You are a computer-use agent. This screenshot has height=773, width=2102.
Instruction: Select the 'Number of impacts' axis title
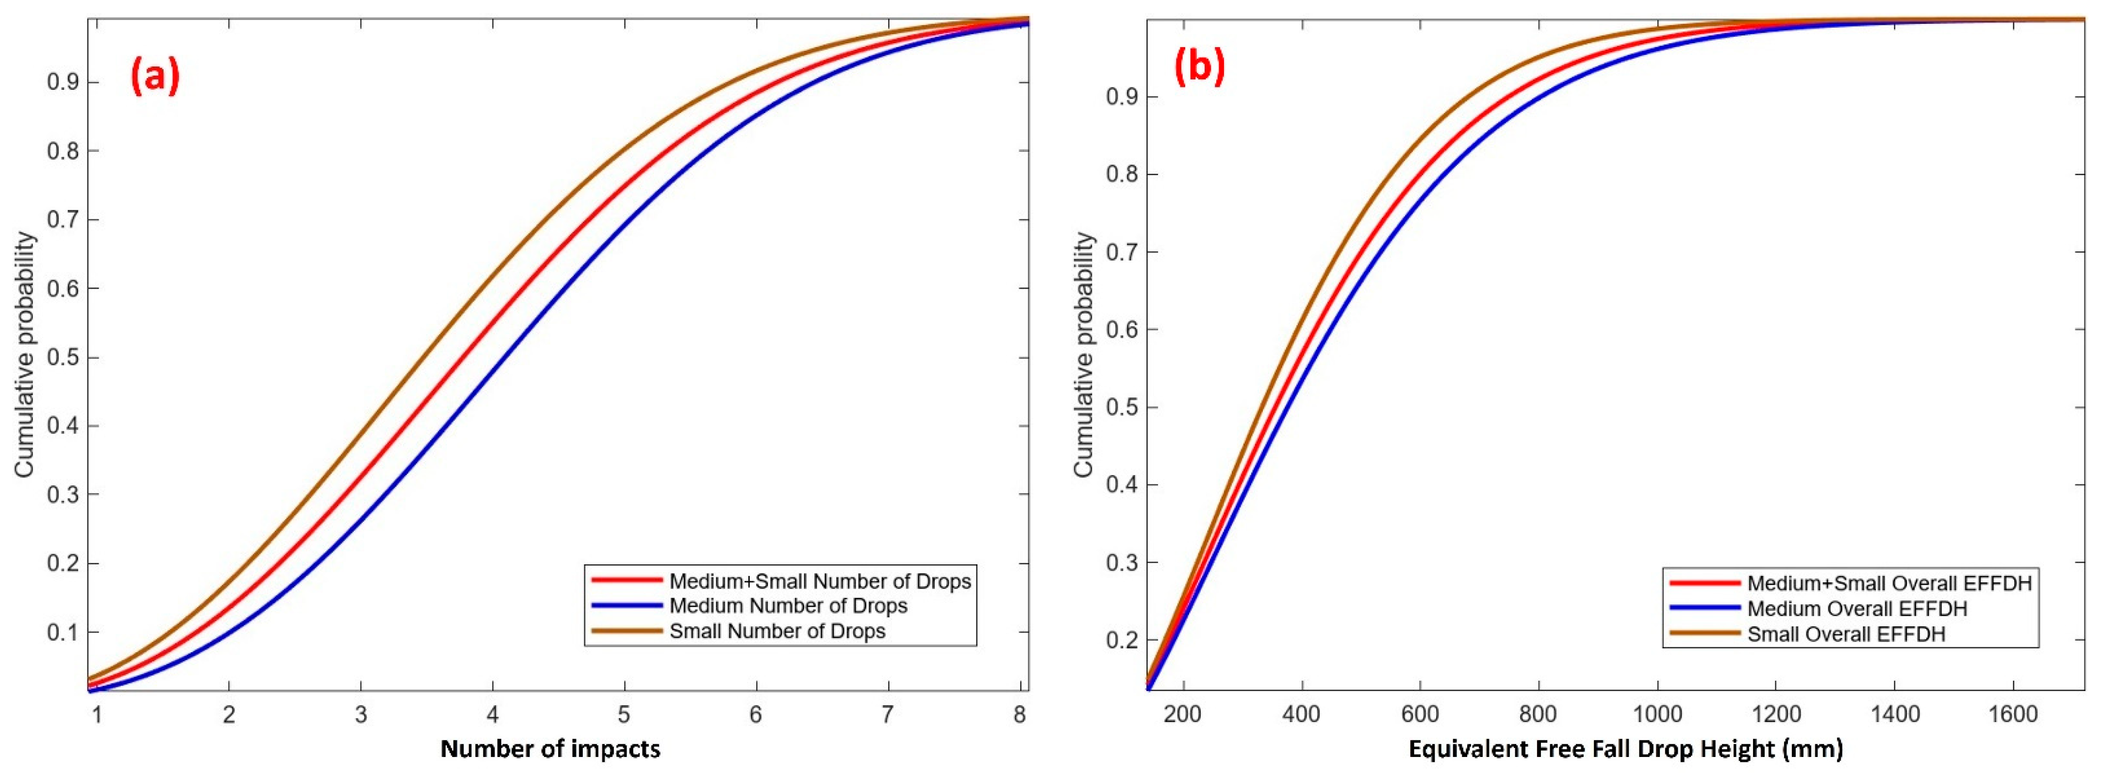pos(550,749)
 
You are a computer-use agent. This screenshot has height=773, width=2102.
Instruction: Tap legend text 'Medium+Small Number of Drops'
pos(820,581)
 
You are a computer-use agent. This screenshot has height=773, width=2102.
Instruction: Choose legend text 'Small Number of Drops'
pos(777,631)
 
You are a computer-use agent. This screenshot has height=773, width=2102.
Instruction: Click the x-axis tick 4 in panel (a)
pos(492,715)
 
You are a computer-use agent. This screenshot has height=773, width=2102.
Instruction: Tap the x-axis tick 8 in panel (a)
pos(1019,715)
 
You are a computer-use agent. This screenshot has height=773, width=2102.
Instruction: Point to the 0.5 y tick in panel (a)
pos(64,358)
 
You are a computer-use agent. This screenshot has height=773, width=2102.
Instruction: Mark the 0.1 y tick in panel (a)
pos(64,633)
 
